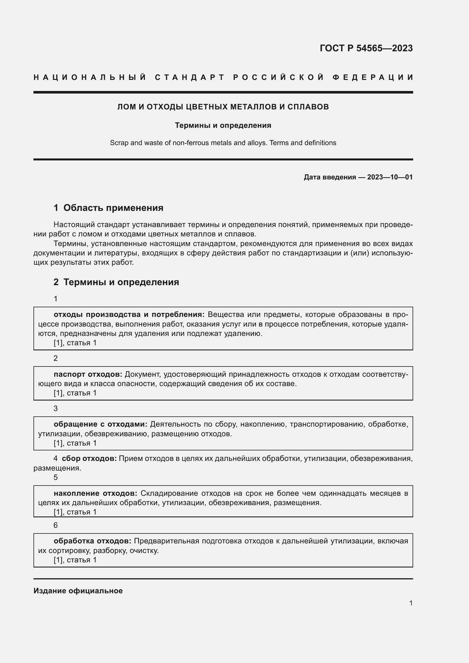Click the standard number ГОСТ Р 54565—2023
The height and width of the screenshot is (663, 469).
coord(366,48)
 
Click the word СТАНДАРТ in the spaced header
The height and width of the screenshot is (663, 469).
coord(190,77)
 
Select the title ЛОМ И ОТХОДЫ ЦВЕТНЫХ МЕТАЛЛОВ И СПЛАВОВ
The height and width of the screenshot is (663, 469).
coord(223,107)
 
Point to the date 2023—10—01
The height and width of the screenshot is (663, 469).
coord(390,177)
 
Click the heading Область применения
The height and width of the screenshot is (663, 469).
coord(113,207)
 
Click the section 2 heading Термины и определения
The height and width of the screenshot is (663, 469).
coord(121,282)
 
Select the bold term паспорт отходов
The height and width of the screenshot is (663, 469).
coord(88,374)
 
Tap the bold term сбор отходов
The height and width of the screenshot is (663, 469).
coord(89,458)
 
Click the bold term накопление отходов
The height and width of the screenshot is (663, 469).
coord(95,493)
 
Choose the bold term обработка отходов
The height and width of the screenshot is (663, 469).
coord(92,541)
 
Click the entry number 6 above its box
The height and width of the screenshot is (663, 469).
coord(56,525)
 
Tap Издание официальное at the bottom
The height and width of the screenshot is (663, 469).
coord(78,590)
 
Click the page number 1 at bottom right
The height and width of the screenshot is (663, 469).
coord(411,603)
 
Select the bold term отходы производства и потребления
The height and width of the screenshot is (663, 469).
coord(129,314)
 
